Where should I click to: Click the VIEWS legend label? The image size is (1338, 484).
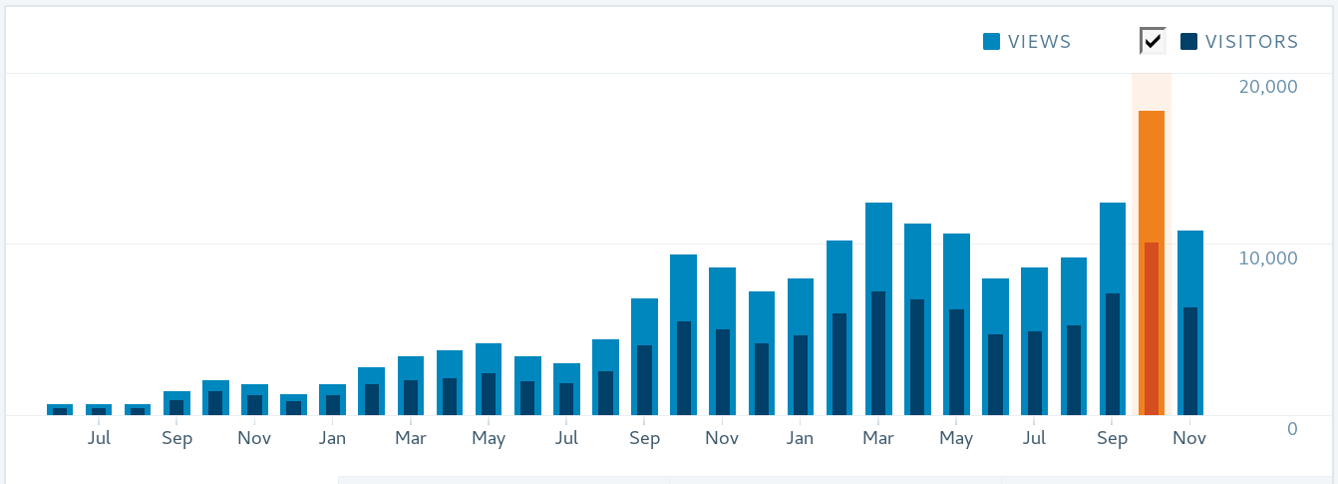click(1039, 42)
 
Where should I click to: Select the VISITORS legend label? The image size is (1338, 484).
click(1251, 42)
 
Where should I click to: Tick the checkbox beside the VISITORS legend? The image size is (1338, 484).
click(1153, 41)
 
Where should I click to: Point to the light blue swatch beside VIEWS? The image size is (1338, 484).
click(991, 42)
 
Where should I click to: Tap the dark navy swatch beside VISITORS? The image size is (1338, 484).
click(1188, 42)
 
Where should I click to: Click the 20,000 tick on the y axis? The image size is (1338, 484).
click(1268, 87)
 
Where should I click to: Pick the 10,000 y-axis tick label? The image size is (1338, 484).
click(1268, 258)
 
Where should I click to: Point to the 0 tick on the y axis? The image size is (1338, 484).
click(1292, 429)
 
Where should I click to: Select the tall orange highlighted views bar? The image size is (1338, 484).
click(1152, 175)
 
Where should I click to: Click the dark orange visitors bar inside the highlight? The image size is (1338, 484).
click(1152, 329)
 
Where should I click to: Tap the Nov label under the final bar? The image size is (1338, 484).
click(1190, 439)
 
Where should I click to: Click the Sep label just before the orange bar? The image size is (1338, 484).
click(1113, 439)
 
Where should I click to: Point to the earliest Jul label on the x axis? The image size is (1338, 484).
click(99, 439)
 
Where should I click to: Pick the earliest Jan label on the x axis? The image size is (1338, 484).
click(333, 439)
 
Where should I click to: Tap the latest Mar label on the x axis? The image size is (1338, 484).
click(878, 439)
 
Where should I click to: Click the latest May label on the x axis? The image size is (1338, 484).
click(956, 439)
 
